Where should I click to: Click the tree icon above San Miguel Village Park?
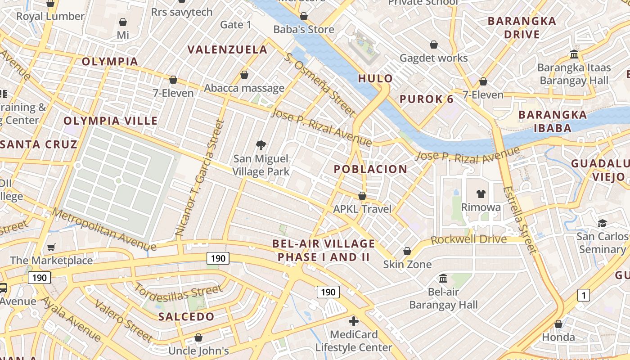click(261, 145)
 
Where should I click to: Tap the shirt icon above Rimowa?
click(481, 194)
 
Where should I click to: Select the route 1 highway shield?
click(583, 295)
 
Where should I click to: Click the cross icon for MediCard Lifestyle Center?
click(354, 321)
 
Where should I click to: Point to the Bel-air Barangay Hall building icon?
click(443, 278)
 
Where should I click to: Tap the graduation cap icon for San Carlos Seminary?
click(602, 223)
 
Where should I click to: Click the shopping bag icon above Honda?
click(558, 324)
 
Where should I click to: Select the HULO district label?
click(375, 79)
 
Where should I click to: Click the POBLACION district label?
click(370, 169)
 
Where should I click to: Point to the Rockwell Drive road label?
click(468, 239)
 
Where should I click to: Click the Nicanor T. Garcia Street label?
click(199, 178)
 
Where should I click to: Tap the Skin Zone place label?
click(407, 264)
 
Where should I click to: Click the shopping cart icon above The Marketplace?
click(51, 247)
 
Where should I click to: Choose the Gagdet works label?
click(434, 58)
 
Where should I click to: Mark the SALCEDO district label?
click(186, 316)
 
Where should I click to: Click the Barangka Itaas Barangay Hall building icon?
click(574, 54)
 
